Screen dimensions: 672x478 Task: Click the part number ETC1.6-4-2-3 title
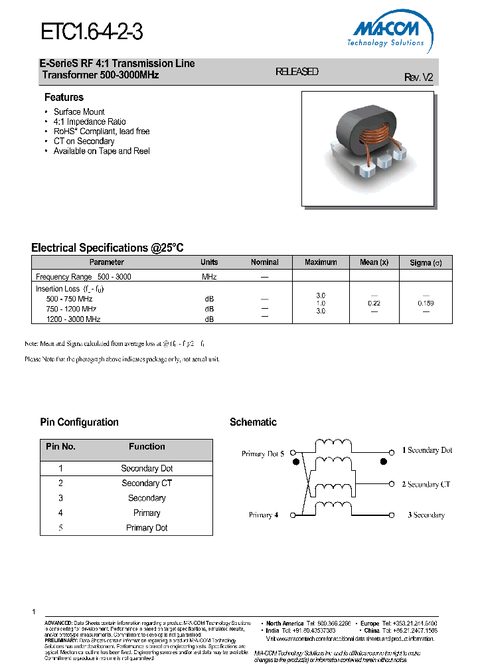click(x=92, y=31)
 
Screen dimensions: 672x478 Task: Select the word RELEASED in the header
click(x=297, y=72)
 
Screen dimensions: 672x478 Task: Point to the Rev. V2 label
click(x=418, y=77)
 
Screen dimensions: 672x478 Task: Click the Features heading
click(x=64, y=98)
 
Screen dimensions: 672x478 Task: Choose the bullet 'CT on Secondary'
click(x=84, y=141)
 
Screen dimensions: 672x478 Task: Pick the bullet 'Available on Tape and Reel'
click(x=102, y=151)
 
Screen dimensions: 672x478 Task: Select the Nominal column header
click(x=264, y=262)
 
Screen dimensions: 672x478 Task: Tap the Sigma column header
click(x=426, y=263)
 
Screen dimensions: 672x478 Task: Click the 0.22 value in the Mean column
click(x=374, y=303)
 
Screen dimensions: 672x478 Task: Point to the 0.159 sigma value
click(x=426, y=303)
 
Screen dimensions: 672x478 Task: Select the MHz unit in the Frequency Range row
click(x=209, y=276)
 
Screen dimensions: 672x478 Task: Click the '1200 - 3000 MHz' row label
click(x=73, y=319)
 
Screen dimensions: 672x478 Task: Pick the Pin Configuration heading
click(x=79, y=422)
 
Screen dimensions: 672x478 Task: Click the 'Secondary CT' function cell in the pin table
click(x=147, y=483)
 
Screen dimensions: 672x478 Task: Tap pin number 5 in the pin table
click(x=60, y=528)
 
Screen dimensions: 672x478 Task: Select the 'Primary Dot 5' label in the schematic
click(x=263, y=454)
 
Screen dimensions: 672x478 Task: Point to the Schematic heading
click(x=253, y=422)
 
